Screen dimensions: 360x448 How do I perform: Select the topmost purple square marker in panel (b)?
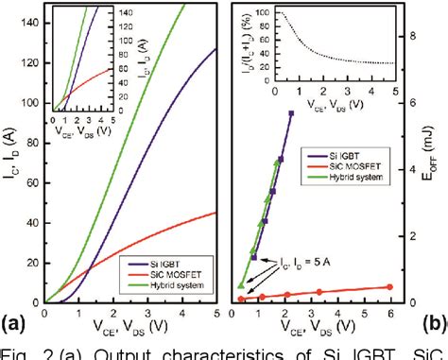[x=291, y=112]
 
